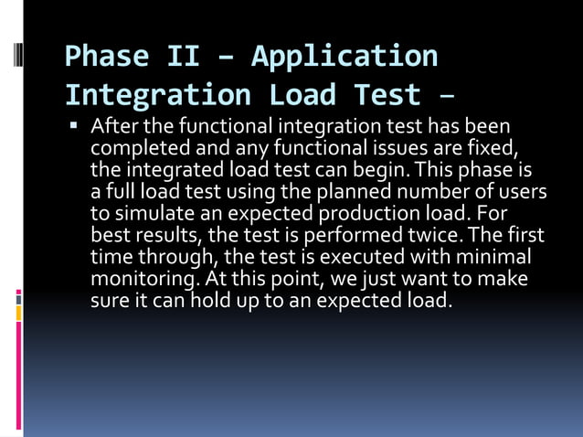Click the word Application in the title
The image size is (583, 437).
[x=344, y=57]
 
